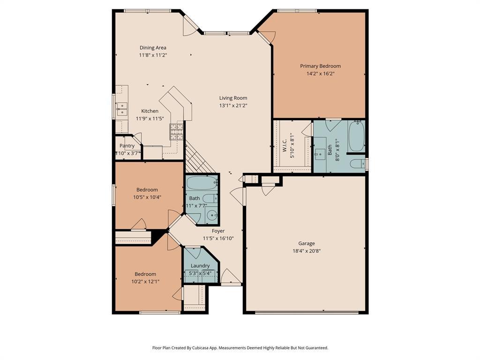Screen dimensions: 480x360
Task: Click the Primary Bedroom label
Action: [320, 66]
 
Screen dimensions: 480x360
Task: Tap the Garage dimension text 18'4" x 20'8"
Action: [307, 251]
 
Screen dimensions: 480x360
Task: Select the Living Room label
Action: [233, 98]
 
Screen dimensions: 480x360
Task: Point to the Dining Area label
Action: [153, 48]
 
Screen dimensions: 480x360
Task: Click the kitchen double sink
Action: [122, 109]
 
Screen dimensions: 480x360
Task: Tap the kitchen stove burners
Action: [176, 132]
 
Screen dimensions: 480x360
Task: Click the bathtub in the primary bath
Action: [356, 136]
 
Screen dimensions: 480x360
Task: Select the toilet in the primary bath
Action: [357, 164]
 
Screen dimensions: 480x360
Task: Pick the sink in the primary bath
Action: [321, 152]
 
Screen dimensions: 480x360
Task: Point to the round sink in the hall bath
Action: [211, 215]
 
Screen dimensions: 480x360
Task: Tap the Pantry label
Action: [127, 146]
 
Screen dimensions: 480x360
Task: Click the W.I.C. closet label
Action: [285, 145]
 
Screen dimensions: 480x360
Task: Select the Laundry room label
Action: [200, 266]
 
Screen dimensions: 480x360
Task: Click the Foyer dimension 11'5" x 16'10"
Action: [218, 238]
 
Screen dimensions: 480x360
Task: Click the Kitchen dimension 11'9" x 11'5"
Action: [150, 119]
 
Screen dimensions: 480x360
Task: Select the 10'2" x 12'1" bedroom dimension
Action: [145, 282]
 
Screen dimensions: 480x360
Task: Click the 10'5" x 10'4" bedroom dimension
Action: [147, 197]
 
